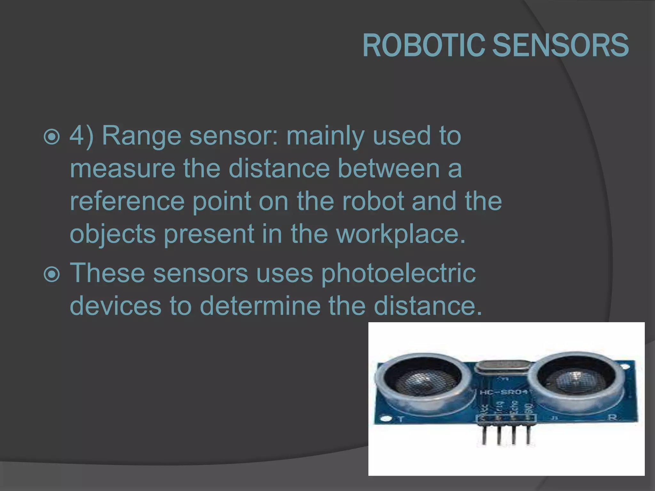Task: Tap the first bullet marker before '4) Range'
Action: [x=51, y=137]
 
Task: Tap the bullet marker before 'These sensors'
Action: [x=51, y=274]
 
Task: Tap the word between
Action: [x=389, y=168]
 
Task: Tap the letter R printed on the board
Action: [x=612, y=417]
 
